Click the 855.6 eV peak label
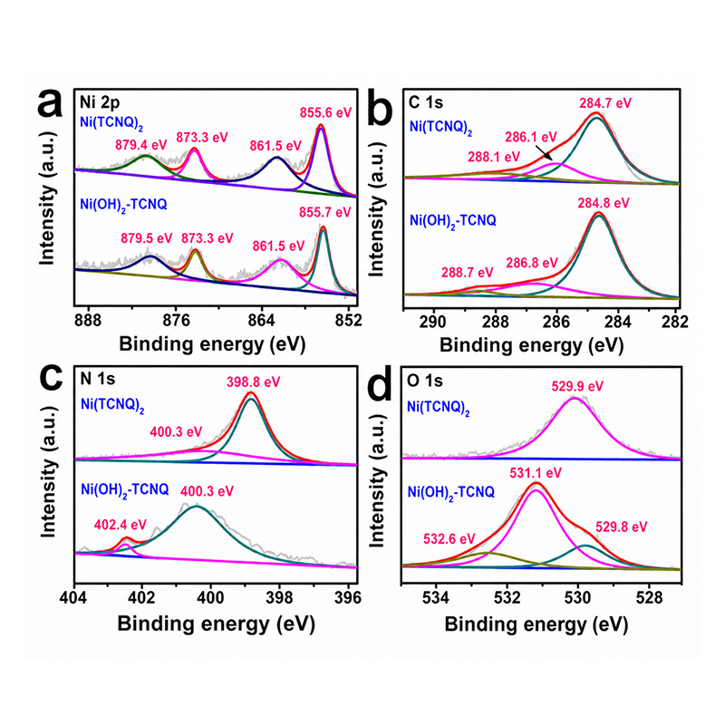point(325,112)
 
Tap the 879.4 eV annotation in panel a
point(141,145)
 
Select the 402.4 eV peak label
point(121,525)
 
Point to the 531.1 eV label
point(536,473)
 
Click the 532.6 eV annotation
point(449,538)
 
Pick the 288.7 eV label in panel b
point(467,273)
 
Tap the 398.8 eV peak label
point(254,382)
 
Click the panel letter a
point(50,104)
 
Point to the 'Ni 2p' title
point(100,101)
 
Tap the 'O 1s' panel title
point(425,381)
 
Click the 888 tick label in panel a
point(88,320)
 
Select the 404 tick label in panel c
point(73,597)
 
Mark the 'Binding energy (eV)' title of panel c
point(217,623)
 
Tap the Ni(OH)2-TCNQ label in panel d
point(450,493)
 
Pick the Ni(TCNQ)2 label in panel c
point(112,405)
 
